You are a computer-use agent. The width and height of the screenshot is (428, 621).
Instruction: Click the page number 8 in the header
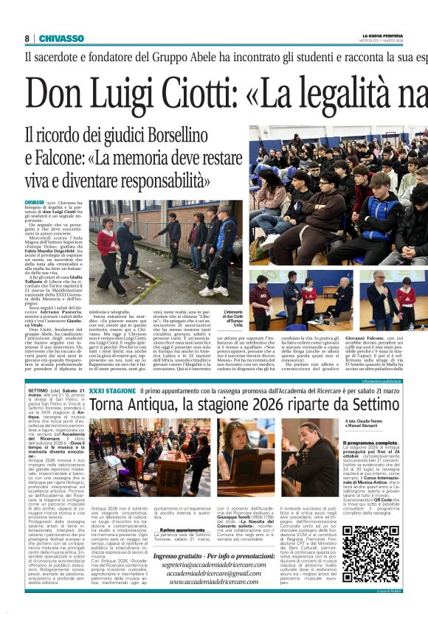27,38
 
